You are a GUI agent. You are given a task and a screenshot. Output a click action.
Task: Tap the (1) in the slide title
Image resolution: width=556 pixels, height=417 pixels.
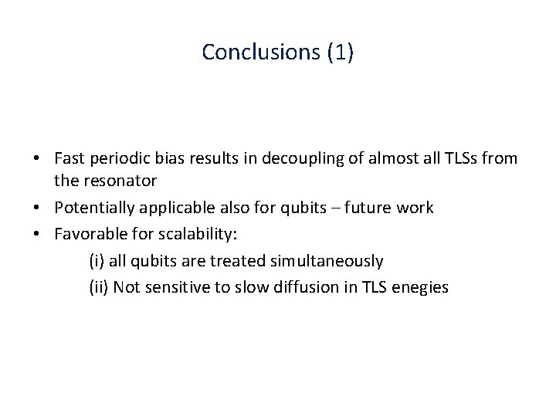pos(340,52)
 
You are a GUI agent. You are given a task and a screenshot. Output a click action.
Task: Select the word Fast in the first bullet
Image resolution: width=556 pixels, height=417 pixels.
pos(69,158)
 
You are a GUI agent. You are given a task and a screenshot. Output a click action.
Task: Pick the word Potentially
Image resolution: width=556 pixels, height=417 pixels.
pos(94,208)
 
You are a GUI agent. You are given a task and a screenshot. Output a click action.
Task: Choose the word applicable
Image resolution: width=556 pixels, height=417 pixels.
pos(176,208)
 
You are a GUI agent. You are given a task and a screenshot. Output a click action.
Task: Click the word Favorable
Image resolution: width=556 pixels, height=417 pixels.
pos(86,232)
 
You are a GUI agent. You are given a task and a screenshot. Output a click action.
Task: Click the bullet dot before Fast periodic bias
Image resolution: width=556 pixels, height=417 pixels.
pos(38,159)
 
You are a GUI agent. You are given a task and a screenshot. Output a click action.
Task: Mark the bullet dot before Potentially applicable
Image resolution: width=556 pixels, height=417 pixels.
pos(38,208)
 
